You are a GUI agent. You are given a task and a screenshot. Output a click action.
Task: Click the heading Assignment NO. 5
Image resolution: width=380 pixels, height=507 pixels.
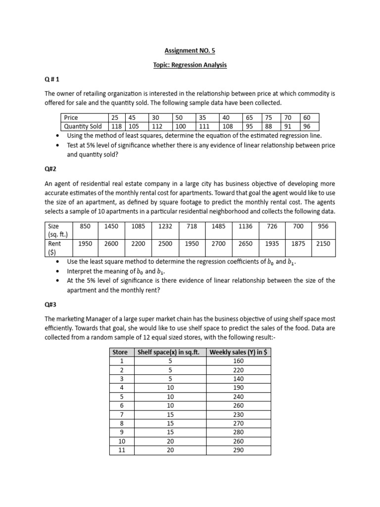click(x=190, y=51)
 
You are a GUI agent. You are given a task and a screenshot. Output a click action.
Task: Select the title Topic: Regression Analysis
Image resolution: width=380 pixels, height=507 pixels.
click(x=190, y=65)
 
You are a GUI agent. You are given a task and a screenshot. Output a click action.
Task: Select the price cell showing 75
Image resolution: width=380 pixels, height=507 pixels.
click(x=269, y=118)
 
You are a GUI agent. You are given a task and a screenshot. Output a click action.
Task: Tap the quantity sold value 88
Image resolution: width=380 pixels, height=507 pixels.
click(x=269, y=126)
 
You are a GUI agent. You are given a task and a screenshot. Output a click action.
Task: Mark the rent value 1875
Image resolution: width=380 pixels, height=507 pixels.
click(x=298, y=244)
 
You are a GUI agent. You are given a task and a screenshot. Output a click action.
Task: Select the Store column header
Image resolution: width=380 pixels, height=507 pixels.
click(x=120, y=352)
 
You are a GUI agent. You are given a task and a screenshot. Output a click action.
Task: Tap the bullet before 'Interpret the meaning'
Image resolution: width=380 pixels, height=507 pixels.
click(x=59, y=271)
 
